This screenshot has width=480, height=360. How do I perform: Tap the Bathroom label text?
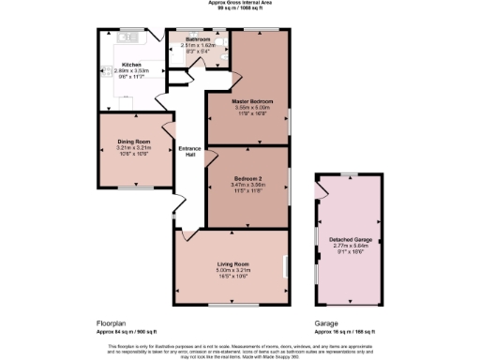click(x=197, y=38)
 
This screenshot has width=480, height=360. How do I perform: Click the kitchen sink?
click(x=127, y=38)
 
